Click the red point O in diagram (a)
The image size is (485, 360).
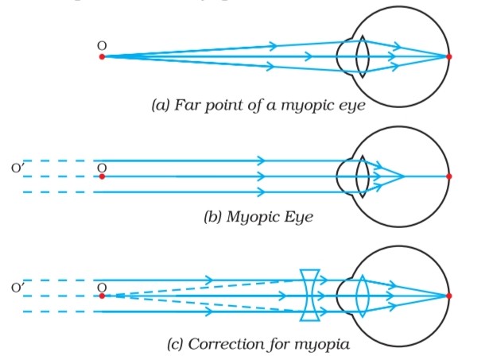(x=102, y=56)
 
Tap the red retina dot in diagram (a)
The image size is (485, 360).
(x=449, y=56)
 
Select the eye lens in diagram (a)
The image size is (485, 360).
(x=361, y=57)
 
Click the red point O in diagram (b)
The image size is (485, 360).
(x=102, y=176)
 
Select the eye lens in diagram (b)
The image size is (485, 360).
(x=361, y=176)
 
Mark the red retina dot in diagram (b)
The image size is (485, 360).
(x=449, y=176)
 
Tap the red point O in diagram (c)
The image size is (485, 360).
(x=102, y=296)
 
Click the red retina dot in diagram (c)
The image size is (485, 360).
(x=449, y=296)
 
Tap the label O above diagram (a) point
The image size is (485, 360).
(x=102, y=46)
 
